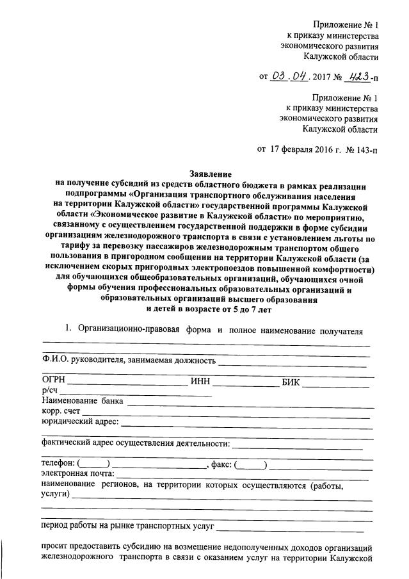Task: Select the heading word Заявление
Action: click(x=211, y=174)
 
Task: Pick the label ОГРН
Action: click(x=53, y=382)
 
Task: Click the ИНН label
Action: click(x=200, y=382)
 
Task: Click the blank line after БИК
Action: click(x=336, y=385)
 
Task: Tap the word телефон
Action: click(x=58, y=463)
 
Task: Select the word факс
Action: click(x=221, y=463)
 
